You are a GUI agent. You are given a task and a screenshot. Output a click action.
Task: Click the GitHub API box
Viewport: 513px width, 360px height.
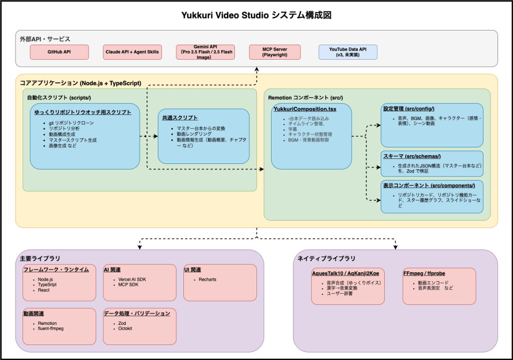[x=59, y=52]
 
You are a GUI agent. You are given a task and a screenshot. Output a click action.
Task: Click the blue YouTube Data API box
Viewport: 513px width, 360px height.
[x=348, y=52]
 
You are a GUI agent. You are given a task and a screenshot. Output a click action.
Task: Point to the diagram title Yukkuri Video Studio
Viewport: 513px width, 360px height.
[x=256, y=15]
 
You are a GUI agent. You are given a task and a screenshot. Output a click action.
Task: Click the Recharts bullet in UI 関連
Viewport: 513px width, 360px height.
[x=207, y=279]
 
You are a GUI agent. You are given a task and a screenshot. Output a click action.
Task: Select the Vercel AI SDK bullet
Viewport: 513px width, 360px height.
[x=132, y=279]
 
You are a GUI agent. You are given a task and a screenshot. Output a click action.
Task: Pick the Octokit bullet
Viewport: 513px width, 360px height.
[x=126, y=328]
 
